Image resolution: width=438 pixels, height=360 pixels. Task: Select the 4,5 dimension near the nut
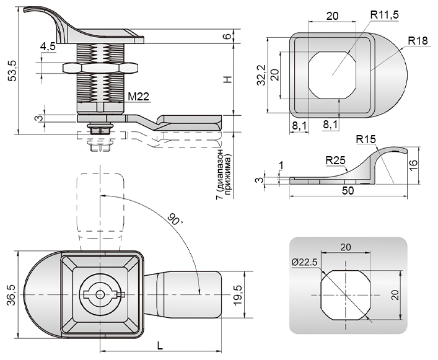(48, 46)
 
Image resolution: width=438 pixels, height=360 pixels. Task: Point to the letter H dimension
(227, 80)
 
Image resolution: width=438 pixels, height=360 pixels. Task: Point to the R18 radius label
(419, 41)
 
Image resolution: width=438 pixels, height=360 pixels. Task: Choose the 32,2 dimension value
(261, 74)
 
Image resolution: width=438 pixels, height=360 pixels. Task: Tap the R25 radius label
(335, 160)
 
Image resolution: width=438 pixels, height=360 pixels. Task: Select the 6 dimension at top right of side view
(227, 36)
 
